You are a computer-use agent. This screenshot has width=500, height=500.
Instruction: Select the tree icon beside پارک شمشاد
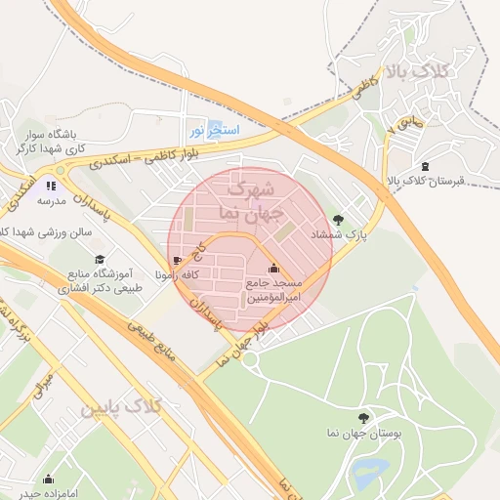tap(339, 219)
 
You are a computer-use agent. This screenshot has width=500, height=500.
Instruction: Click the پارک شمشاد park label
tap(329, 235)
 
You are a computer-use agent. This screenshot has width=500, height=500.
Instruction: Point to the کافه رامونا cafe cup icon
tap(177, 260)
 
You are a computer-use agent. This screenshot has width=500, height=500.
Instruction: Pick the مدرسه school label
tap(51, 200)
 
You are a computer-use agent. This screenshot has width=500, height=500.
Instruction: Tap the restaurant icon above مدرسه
tap(51, 185)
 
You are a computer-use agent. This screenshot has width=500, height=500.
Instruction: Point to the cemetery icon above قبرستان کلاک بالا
tap(424, 166)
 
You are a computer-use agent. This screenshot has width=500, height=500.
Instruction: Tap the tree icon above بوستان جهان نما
tap(363, 416)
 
